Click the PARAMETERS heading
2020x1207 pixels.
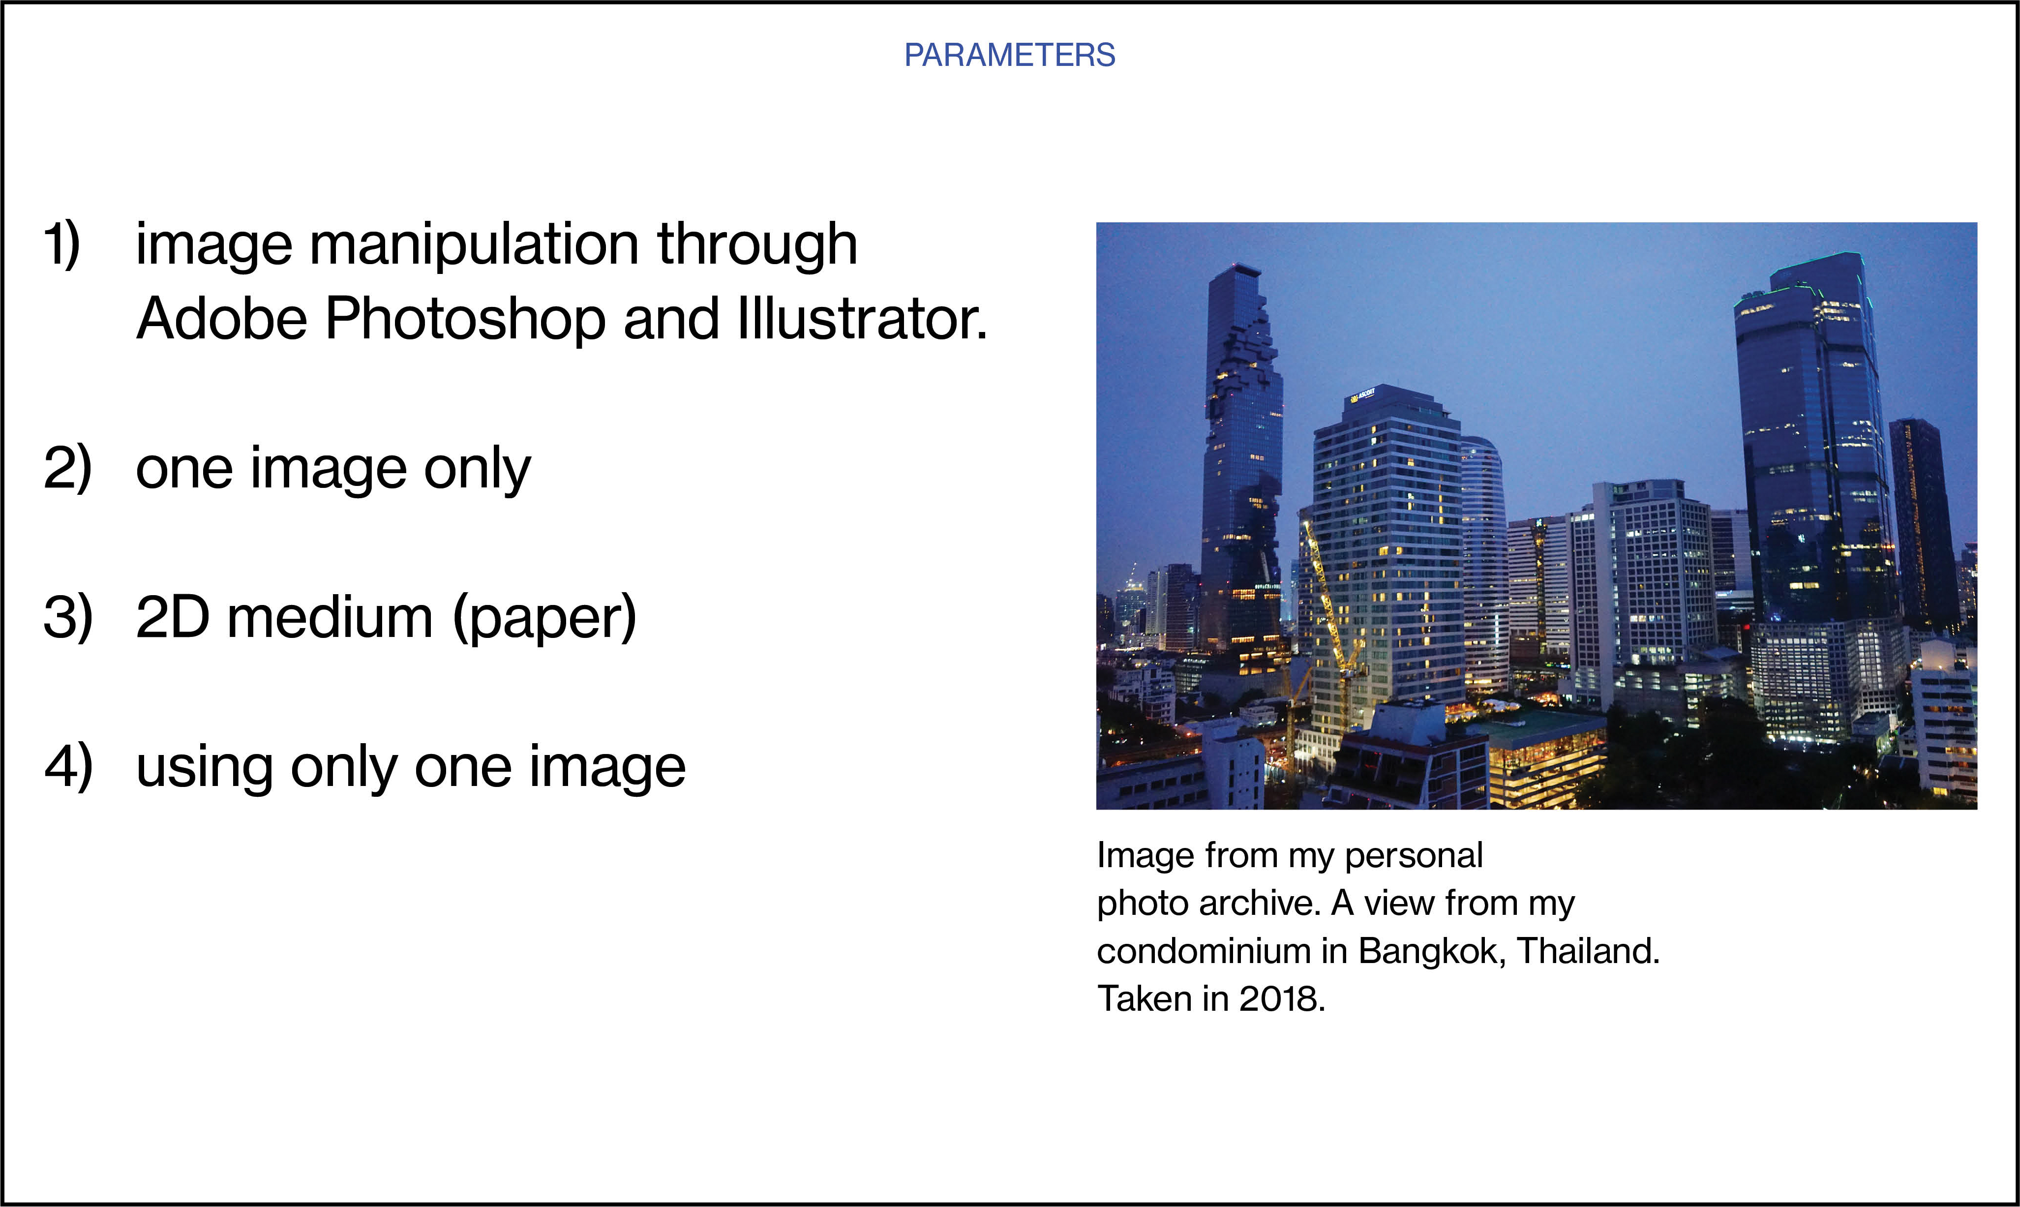tap(1009, 55)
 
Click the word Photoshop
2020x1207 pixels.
tap(465, 319)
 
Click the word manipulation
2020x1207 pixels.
tap(474, 245)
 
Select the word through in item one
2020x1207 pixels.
tap(757, 245)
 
